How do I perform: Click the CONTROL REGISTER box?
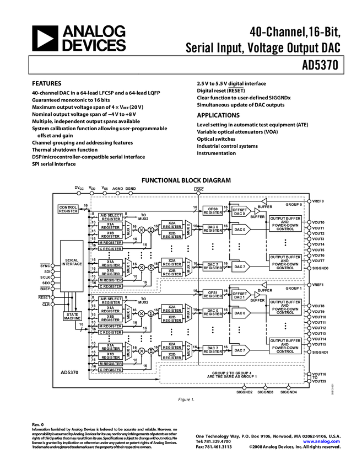[x=68, y=209]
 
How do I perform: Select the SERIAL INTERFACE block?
[x=72, y=265]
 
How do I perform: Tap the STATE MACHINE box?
[x=72, y=316]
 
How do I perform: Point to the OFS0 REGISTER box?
[x=212, y=210]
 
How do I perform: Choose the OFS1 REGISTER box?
[x=212, y=294]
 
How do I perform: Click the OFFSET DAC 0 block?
[x=240, y=211]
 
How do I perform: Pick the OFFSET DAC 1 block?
[x=240, y=295]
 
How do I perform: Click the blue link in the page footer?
[x=321, y=441]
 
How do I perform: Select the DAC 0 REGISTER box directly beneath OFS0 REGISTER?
[x=212, y=228]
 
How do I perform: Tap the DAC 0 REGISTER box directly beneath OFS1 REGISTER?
[x=212, y=312]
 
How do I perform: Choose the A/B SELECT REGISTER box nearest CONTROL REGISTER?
[x=111, y=217]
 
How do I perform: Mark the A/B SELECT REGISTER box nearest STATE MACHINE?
[x=111, y=301]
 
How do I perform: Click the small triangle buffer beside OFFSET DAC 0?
[x=257, y=211]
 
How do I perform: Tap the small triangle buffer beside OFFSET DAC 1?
[x=257, y=295]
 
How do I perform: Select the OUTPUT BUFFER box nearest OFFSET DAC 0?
[x=285, y=223]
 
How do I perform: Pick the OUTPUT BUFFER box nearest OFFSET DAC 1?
[x=285, y=307]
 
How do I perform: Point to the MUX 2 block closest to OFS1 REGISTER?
[x=188, y=313]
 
